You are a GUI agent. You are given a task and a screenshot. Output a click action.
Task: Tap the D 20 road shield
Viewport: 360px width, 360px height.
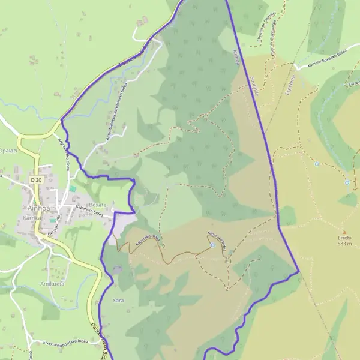37,179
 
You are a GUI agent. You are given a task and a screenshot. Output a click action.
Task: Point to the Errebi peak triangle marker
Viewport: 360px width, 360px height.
344,232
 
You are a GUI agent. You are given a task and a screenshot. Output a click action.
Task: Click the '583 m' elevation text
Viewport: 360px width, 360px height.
344,244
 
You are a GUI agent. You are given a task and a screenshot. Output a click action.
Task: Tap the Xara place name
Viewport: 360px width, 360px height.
118,299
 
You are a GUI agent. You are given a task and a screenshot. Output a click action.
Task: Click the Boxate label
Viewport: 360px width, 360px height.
97,205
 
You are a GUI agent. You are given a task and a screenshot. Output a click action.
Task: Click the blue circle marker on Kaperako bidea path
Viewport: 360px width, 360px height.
212,245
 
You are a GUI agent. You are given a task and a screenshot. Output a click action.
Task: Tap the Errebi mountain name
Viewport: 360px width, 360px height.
344,238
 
